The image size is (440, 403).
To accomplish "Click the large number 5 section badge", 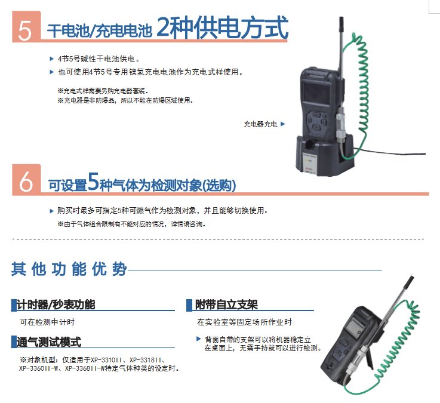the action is coord(26,27).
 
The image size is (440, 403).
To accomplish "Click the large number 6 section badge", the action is coord(26,180).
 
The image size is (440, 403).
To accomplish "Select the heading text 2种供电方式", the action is coord(222,27).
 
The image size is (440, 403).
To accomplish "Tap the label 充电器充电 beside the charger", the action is coord(260,124).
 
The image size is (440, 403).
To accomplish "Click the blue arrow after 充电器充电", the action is coord(282,124).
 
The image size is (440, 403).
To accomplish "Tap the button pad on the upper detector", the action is coord(317,121).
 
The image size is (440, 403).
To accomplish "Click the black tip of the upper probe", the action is coord(341,23).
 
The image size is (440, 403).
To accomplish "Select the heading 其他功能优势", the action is coord(69,269).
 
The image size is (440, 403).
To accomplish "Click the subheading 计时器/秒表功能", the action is coord(56,304).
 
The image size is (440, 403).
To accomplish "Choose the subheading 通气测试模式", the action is coord(49,342).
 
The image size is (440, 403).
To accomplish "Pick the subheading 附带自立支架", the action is coord(226,304).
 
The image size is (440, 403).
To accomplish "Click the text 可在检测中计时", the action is coord(47,322).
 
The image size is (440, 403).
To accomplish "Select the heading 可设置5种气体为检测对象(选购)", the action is coord(141,183).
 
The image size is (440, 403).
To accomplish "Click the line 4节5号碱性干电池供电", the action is coord(99,59).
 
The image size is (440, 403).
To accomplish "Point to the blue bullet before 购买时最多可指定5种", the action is coord(51,211).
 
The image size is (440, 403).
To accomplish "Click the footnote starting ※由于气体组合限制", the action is coord(131,224).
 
